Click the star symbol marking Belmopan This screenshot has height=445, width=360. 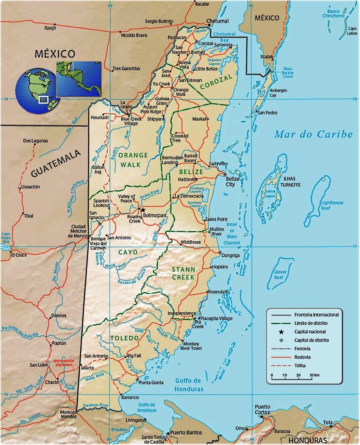[x=143, y=210]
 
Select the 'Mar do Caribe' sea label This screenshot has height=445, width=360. [x=313, y=134]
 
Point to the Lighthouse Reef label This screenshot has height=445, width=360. [x=332, y=205]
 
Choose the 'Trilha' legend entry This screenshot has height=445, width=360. [x=300, y=365]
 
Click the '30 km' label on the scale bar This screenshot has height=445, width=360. [x=314, y=375]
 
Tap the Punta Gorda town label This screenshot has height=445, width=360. [x=151, y=382]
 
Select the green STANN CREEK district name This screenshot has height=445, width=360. [x=183, y=273]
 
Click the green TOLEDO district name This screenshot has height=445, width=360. [x=124, y=338]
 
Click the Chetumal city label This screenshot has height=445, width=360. [x=218, y=21]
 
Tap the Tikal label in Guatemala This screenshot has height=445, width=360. [x=28, y=216]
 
